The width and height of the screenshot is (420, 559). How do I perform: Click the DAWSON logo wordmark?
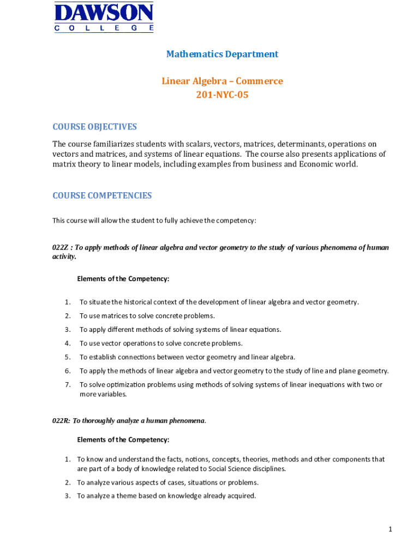point(103,13)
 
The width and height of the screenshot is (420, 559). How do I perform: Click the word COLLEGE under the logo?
point(103,28)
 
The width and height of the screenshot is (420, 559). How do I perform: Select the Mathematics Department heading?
point(222,54)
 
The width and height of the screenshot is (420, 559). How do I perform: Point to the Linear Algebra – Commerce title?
point(222,81)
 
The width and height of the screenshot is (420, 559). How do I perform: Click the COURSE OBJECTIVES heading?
point(94,127)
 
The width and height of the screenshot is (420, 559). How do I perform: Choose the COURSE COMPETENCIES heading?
point(102,195)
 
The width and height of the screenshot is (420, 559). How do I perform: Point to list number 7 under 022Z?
point(68,385)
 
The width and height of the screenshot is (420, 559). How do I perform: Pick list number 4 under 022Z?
point(68,343)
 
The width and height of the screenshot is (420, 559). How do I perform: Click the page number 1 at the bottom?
point(391,529)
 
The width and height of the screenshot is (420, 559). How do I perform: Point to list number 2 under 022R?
point(68,483)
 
